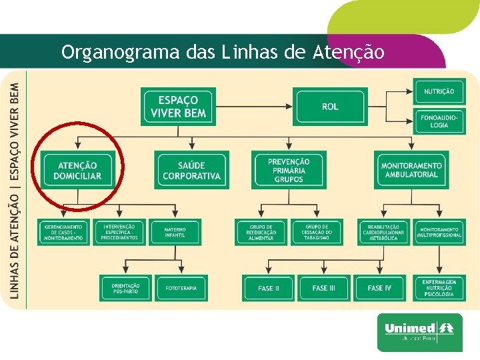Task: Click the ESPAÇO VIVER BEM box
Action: point(178,107)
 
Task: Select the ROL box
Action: point(329,107)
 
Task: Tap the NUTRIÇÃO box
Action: point(439,91)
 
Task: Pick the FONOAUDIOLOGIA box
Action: point(439,121)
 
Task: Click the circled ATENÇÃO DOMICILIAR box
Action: point(79,170)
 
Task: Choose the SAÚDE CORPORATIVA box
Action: point(191,170)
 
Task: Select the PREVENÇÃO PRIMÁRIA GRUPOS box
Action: point(289,170)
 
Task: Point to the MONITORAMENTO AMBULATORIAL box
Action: point(411,170)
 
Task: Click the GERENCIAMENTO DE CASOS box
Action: point(64,232)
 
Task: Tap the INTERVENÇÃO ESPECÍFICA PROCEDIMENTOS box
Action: point(120,232)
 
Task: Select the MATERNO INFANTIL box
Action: point(175,232)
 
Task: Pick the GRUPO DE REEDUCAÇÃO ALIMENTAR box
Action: point(261,232)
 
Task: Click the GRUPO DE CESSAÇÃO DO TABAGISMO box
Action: point(317,232)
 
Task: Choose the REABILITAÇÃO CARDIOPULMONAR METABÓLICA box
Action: point(383,232)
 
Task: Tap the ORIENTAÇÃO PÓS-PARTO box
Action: point(126,288)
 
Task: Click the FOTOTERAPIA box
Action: point(182,288)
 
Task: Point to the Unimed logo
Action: point(419,331)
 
